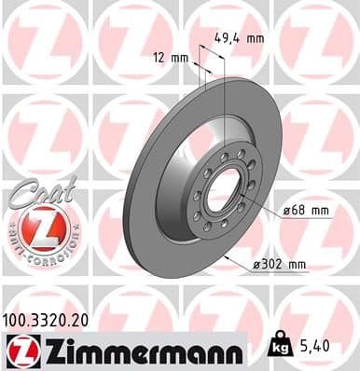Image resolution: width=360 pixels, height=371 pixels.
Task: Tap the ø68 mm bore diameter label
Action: [x=306, y=211]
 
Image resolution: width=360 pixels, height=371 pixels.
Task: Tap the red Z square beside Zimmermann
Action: [x=19, y=352]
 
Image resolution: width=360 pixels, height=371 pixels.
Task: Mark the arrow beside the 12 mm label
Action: [x=198, y=60]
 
